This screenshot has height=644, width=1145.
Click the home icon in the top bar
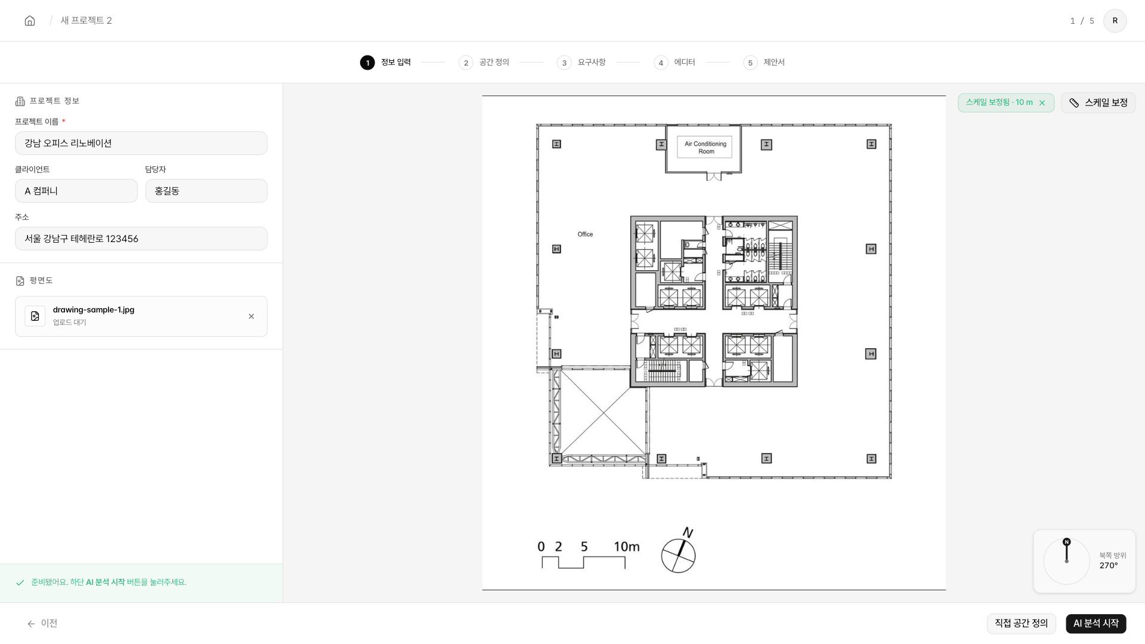(x=30, y=21)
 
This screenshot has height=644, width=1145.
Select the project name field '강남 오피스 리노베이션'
(x=141, y=143)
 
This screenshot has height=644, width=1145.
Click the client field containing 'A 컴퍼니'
(x=76, y=191)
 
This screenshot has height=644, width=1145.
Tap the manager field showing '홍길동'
(x=206, y=191)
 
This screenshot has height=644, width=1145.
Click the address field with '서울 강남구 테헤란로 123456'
(x=141, y=239)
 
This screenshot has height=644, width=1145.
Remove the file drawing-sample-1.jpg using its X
(x=251, y=317)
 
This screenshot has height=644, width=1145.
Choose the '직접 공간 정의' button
(x=1021, y=623)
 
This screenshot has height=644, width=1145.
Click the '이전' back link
(x=42, y=623)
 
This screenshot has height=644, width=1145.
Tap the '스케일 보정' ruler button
(x=1098, y=103)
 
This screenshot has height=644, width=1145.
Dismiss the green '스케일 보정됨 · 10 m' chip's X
(x=1042, y=103)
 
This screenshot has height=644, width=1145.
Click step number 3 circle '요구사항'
(x=564, y=63)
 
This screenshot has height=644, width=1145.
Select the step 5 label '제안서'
(x=774, y=62)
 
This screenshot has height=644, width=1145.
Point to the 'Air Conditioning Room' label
(x=705, y=147)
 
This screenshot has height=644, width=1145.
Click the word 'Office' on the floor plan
(x=585, y=234)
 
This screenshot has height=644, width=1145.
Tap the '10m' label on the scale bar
(x=627, y=546)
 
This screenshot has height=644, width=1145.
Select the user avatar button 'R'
(x=1115, y=21)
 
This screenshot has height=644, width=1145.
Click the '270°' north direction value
(x=1109, y=565)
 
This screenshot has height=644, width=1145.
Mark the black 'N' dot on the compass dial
(x=1067, y=542)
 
